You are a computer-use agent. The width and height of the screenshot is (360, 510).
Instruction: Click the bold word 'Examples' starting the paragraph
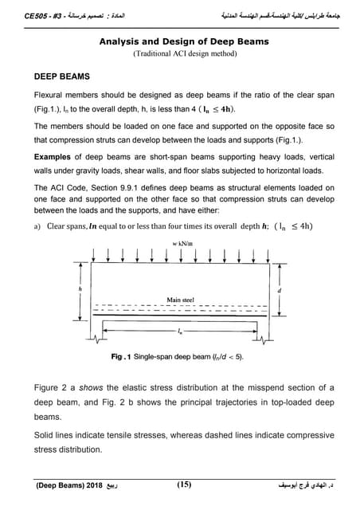tap(54, 157)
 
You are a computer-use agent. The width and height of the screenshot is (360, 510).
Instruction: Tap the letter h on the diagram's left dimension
tap(79, 288)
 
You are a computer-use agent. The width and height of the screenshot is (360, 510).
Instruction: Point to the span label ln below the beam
tap(180, 328)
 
